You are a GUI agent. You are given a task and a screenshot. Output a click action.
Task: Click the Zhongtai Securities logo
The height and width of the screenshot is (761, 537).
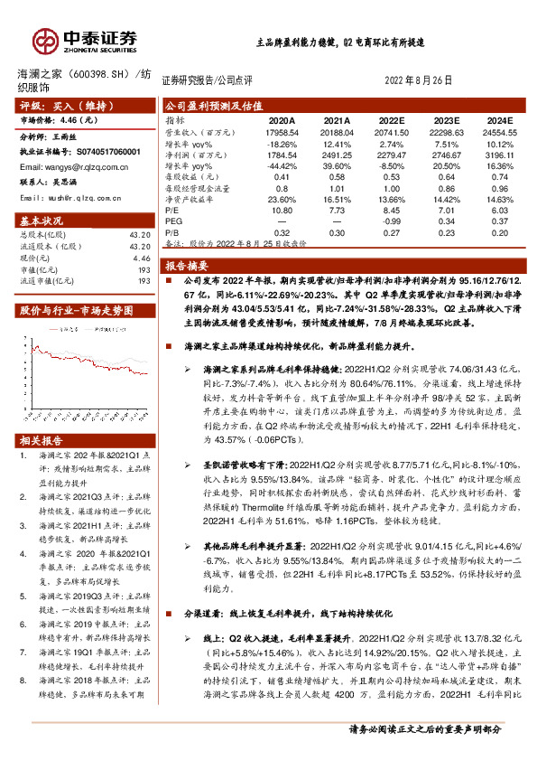click(x=85, y=39)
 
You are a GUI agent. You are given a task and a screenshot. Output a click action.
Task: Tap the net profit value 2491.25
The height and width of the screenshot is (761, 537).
click(x=337, y=155)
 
